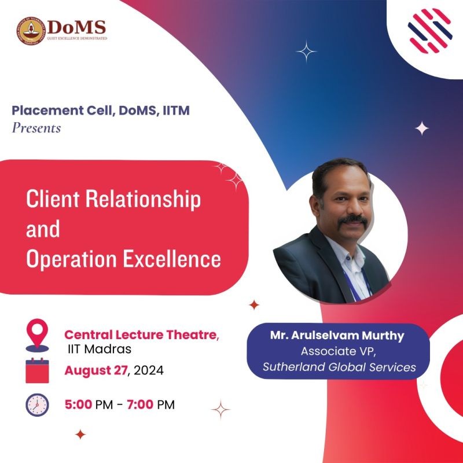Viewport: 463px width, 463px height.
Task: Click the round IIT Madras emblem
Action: click(x=32, y=31)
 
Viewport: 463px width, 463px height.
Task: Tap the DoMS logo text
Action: click(x=76, y=27)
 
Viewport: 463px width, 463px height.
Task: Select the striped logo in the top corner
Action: click(x=430, y=31)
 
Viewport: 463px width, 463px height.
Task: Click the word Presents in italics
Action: click(x=36, y=128)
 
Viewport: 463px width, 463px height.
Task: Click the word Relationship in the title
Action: click(x=143, y=200)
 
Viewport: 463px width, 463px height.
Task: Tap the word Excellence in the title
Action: click(x=171, y=259)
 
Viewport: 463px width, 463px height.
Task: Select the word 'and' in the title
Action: click(x=43, y=229)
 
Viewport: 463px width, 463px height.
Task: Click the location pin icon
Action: click(x=37, y=335)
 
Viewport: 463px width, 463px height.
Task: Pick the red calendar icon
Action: click(x=37, y=370)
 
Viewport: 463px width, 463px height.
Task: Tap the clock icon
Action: click(x=37, y=405)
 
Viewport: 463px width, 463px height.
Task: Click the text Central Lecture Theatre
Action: click(x=141, y=335)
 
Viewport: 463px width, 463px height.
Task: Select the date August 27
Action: click(x=96, y=370)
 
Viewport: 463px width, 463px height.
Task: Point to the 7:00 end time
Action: click(x=140, y=405)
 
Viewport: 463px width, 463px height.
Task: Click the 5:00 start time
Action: click(x=78, y=405)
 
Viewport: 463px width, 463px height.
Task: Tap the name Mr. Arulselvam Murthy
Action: click(x=337, y=336)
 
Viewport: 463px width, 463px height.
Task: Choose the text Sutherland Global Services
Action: click(x=339, y=367)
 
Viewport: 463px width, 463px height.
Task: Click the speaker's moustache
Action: click(x=352, y=220)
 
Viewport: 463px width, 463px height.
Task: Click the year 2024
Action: click(x=149, y=370)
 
